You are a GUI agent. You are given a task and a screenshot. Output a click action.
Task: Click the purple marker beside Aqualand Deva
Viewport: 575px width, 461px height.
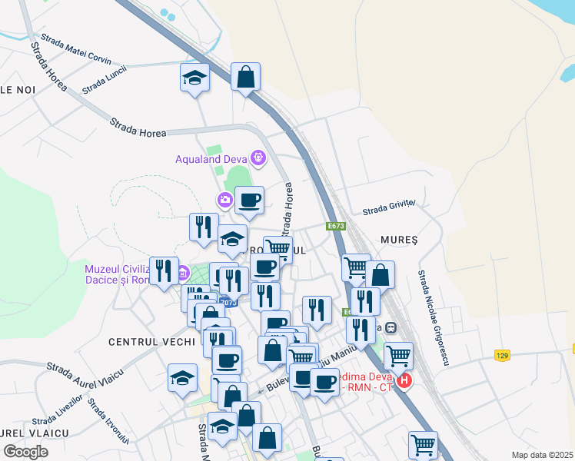coord(258,159)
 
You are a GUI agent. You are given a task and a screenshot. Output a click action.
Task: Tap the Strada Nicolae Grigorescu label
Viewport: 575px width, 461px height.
coord(432,307)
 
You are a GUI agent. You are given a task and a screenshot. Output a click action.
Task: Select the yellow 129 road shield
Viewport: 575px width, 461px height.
coord(502,355)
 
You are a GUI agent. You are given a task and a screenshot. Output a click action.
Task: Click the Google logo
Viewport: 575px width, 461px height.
coord(25,452)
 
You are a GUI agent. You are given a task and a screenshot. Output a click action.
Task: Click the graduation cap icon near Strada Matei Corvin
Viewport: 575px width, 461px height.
coord(195,78)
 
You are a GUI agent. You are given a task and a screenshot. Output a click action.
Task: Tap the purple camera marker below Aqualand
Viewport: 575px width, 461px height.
coord(224,201)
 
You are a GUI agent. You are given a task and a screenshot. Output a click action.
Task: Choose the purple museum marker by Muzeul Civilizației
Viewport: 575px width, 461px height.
coord(183,273)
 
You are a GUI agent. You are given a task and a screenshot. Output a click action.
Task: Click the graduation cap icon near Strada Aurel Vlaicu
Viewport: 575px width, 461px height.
coord(183,378)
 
